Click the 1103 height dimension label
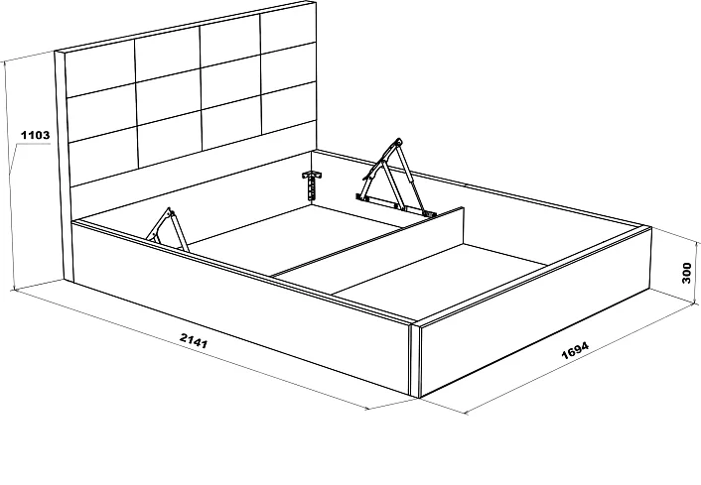(x=36, y=135)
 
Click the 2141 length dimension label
(x=194, y=340)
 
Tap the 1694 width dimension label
(x=575, y=350)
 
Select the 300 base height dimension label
(x=687, y=273)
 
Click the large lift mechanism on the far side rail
(x=393, y=179)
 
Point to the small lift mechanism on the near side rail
(x=168, y=229)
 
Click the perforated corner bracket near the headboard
(x=312, y=184)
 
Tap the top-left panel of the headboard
(x=99, y=67)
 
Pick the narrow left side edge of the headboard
(x=63, y=166)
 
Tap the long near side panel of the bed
(x=241, y=308)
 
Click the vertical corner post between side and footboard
(x=415, y=359)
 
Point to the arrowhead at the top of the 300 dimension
(x=696, y=242)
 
